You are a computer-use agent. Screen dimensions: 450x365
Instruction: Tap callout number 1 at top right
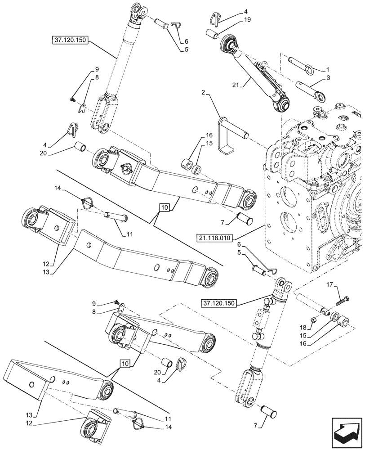pos(328,70)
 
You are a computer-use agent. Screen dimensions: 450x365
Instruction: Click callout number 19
pos(248,20)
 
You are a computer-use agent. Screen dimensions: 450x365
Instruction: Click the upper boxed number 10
pos(165,207)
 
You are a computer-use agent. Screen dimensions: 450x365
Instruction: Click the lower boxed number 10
pos(126,363)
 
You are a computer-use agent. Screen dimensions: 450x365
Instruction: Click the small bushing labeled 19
pos(211,33)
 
